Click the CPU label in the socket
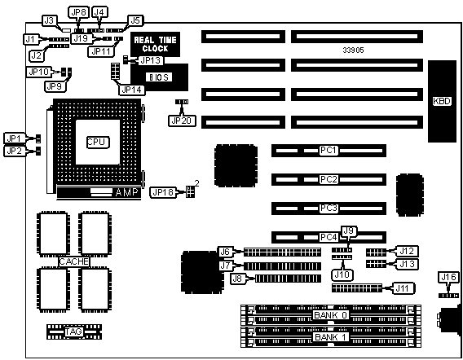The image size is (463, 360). [x=98, y=143]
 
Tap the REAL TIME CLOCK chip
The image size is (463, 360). [x=156, y=44]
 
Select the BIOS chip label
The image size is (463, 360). [x=159, y=77]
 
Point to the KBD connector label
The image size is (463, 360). [x=442, y=101]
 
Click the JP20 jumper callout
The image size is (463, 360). [x=182, y=121]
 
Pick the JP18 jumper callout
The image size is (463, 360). [x=163, y=192]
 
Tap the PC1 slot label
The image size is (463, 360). [x=329, y=151]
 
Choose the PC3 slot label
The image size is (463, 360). [x=329, y=209]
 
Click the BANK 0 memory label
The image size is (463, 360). [x=330, y=315]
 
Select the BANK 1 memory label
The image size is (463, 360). [x=330, y=337]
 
